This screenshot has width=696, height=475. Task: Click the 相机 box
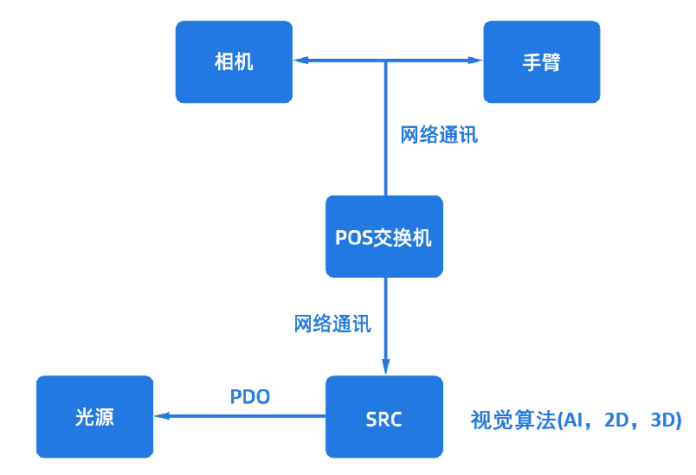click(234, 62)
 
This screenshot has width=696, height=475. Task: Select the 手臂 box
click(541, 62)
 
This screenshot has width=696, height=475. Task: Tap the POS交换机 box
click(383, 236)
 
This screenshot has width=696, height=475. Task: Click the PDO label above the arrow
click(250, 397)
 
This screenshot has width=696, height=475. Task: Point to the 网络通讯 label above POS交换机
click(439, 135)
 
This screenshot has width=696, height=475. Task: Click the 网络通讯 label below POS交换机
click(333, 324)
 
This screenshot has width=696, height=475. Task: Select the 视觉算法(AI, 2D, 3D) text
click(576, 420)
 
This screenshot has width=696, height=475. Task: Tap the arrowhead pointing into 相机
click(300, 61)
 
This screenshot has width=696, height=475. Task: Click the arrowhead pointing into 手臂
click(476, 61)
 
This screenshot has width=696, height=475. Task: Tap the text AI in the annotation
click(571, 420)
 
